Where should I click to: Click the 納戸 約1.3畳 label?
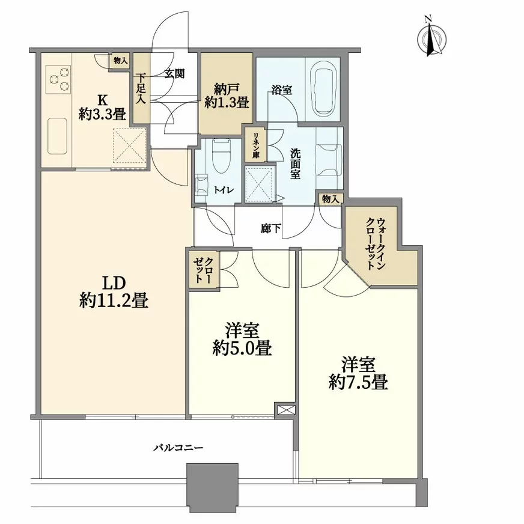(x=225, y=94)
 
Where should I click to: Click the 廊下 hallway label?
(x=270, y=228)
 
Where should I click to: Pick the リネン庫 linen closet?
(x=255, y=145)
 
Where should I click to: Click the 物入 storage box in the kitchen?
(x=120, y=60)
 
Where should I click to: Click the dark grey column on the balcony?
(x=213, y=487)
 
